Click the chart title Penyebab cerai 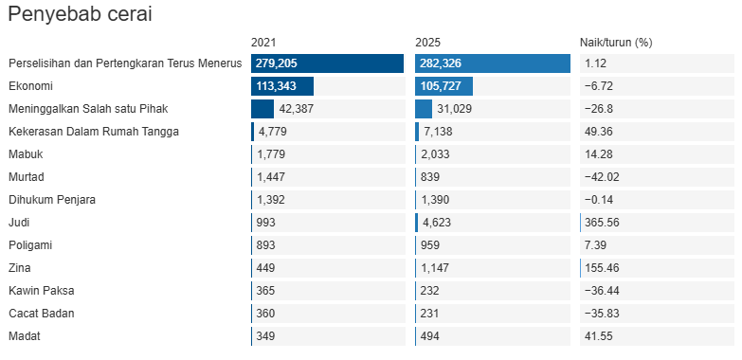pos(80,14)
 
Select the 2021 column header pos(263,43)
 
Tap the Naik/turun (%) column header pos(616,43)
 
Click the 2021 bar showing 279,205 pos(328,63)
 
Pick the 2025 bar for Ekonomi pos(443,86)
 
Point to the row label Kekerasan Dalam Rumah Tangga pos(94,132)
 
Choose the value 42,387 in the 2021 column pos(297,109)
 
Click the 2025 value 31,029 pos(454,109)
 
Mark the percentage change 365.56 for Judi pos(602,223)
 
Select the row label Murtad pos(27,177)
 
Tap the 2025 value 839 pos(429,177)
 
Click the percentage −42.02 pos(602,177)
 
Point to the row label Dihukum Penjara pos(52,200)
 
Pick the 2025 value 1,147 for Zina pos(435,268)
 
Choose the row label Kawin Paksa pos(41,291)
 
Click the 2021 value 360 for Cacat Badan pos(265,314)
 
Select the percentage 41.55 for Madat pos(599,336)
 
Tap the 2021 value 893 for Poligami pos(265,245)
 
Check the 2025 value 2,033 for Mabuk pos(435,154)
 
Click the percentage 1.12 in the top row pos(596,63)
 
